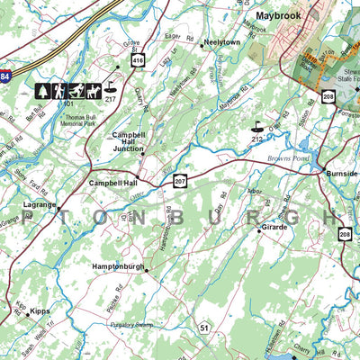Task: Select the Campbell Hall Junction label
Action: pos(135,140)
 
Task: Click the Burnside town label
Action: pos(341,173)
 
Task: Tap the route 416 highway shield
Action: pos(138,60)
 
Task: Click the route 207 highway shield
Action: pos(181,181)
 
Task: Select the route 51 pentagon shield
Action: pos(205,328)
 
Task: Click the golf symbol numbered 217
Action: pos(111,88)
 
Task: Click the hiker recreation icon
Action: pos(58,90)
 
